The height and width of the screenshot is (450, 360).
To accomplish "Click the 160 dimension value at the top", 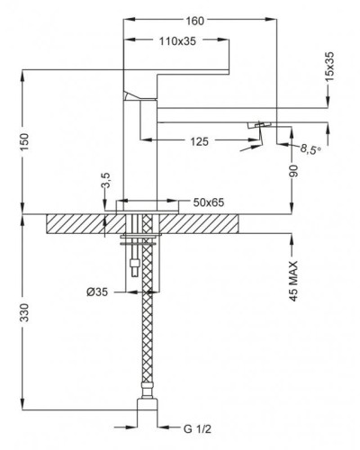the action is [194, 21].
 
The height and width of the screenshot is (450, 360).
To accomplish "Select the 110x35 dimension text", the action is [177, 41].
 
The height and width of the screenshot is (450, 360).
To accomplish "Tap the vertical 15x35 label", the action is [329, 67].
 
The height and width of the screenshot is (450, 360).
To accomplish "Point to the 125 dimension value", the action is [200, 141].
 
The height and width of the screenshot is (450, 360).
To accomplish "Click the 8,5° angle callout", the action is [310, 148].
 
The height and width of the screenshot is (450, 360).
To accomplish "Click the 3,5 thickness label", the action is [106, 180].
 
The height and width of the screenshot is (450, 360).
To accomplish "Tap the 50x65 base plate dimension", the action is [209, 202].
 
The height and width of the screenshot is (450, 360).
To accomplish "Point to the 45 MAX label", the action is [293, 281].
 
